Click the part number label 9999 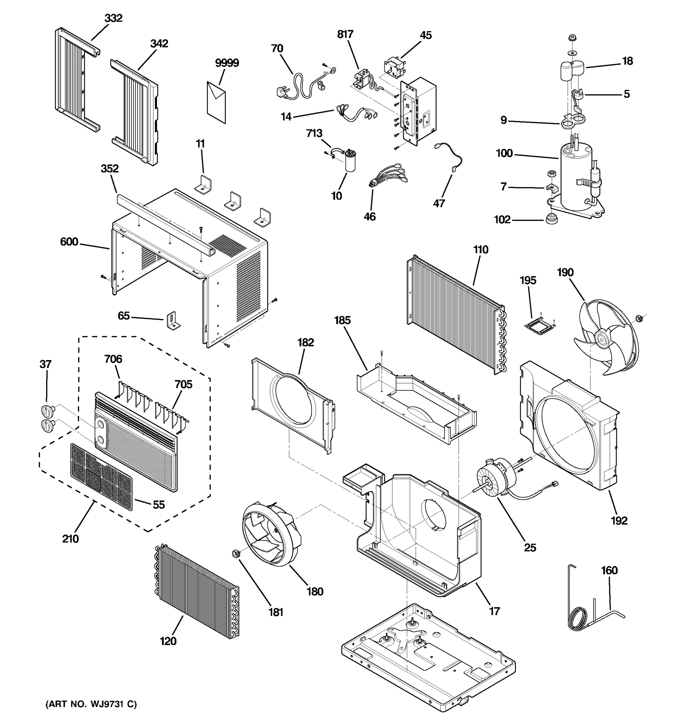(x=227, y=63)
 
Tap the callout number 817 (x=345, y=34)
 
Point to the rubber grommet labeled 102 (x=551, y=219)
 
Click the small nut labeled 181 (x=235, y=554)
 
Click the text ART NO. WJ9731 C (x=91, y=704)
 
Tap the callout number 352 (x=109, y=169)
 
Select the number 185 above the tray (x=342, y=320)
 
